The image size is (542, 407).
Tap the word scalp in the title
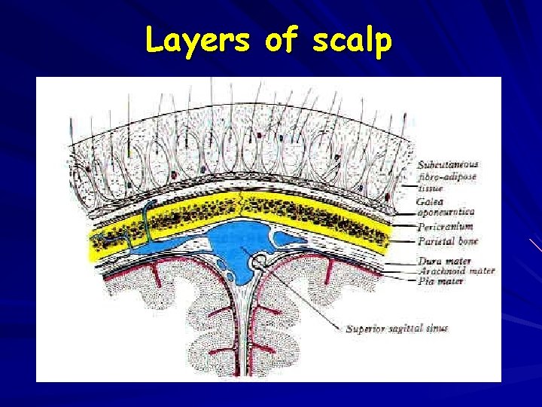351,41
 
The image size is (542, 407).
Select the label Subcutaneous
447,165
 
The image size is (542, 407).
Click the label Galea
430,201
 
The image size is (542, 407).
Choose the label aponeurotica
446,213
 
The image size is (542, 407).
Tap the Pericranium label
446,227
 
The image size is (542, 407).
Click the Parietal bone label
447,241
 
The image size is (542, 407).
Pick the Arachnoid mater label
456,271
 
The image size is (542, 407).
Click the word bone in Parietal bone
465,241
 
